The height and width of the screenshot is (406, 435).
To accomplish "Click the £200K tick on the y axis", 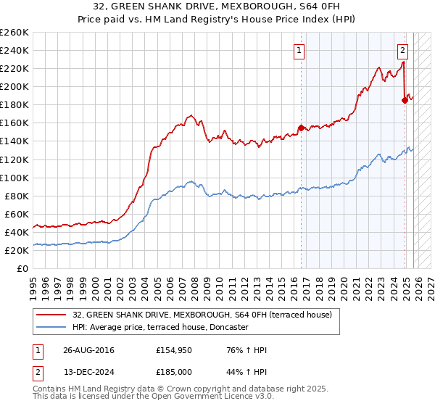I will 14,86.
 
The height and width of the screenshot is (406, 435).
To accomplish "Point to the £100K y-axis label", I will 14,178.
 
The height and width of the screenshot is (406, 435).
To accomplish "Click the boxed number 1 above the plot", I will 299,50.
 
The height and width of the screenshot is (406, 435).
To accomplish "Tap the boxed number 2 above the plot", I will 402,50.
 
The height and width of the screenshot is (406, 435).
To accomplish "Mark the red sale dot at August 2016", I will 301,128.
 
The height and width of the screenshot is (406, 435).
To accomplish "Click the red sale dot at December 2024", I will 405,100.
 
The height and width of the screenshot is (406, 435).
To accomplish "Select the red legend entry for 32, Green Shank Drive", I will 202,315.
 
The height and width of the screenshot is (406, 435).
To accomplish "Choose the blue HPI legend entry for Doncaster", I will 160,328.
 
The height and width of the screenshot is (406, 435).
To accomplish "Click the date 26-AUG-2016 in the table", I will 89,350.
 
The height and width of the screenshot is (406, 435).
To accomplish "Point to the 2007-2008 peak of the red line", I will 191,115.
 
